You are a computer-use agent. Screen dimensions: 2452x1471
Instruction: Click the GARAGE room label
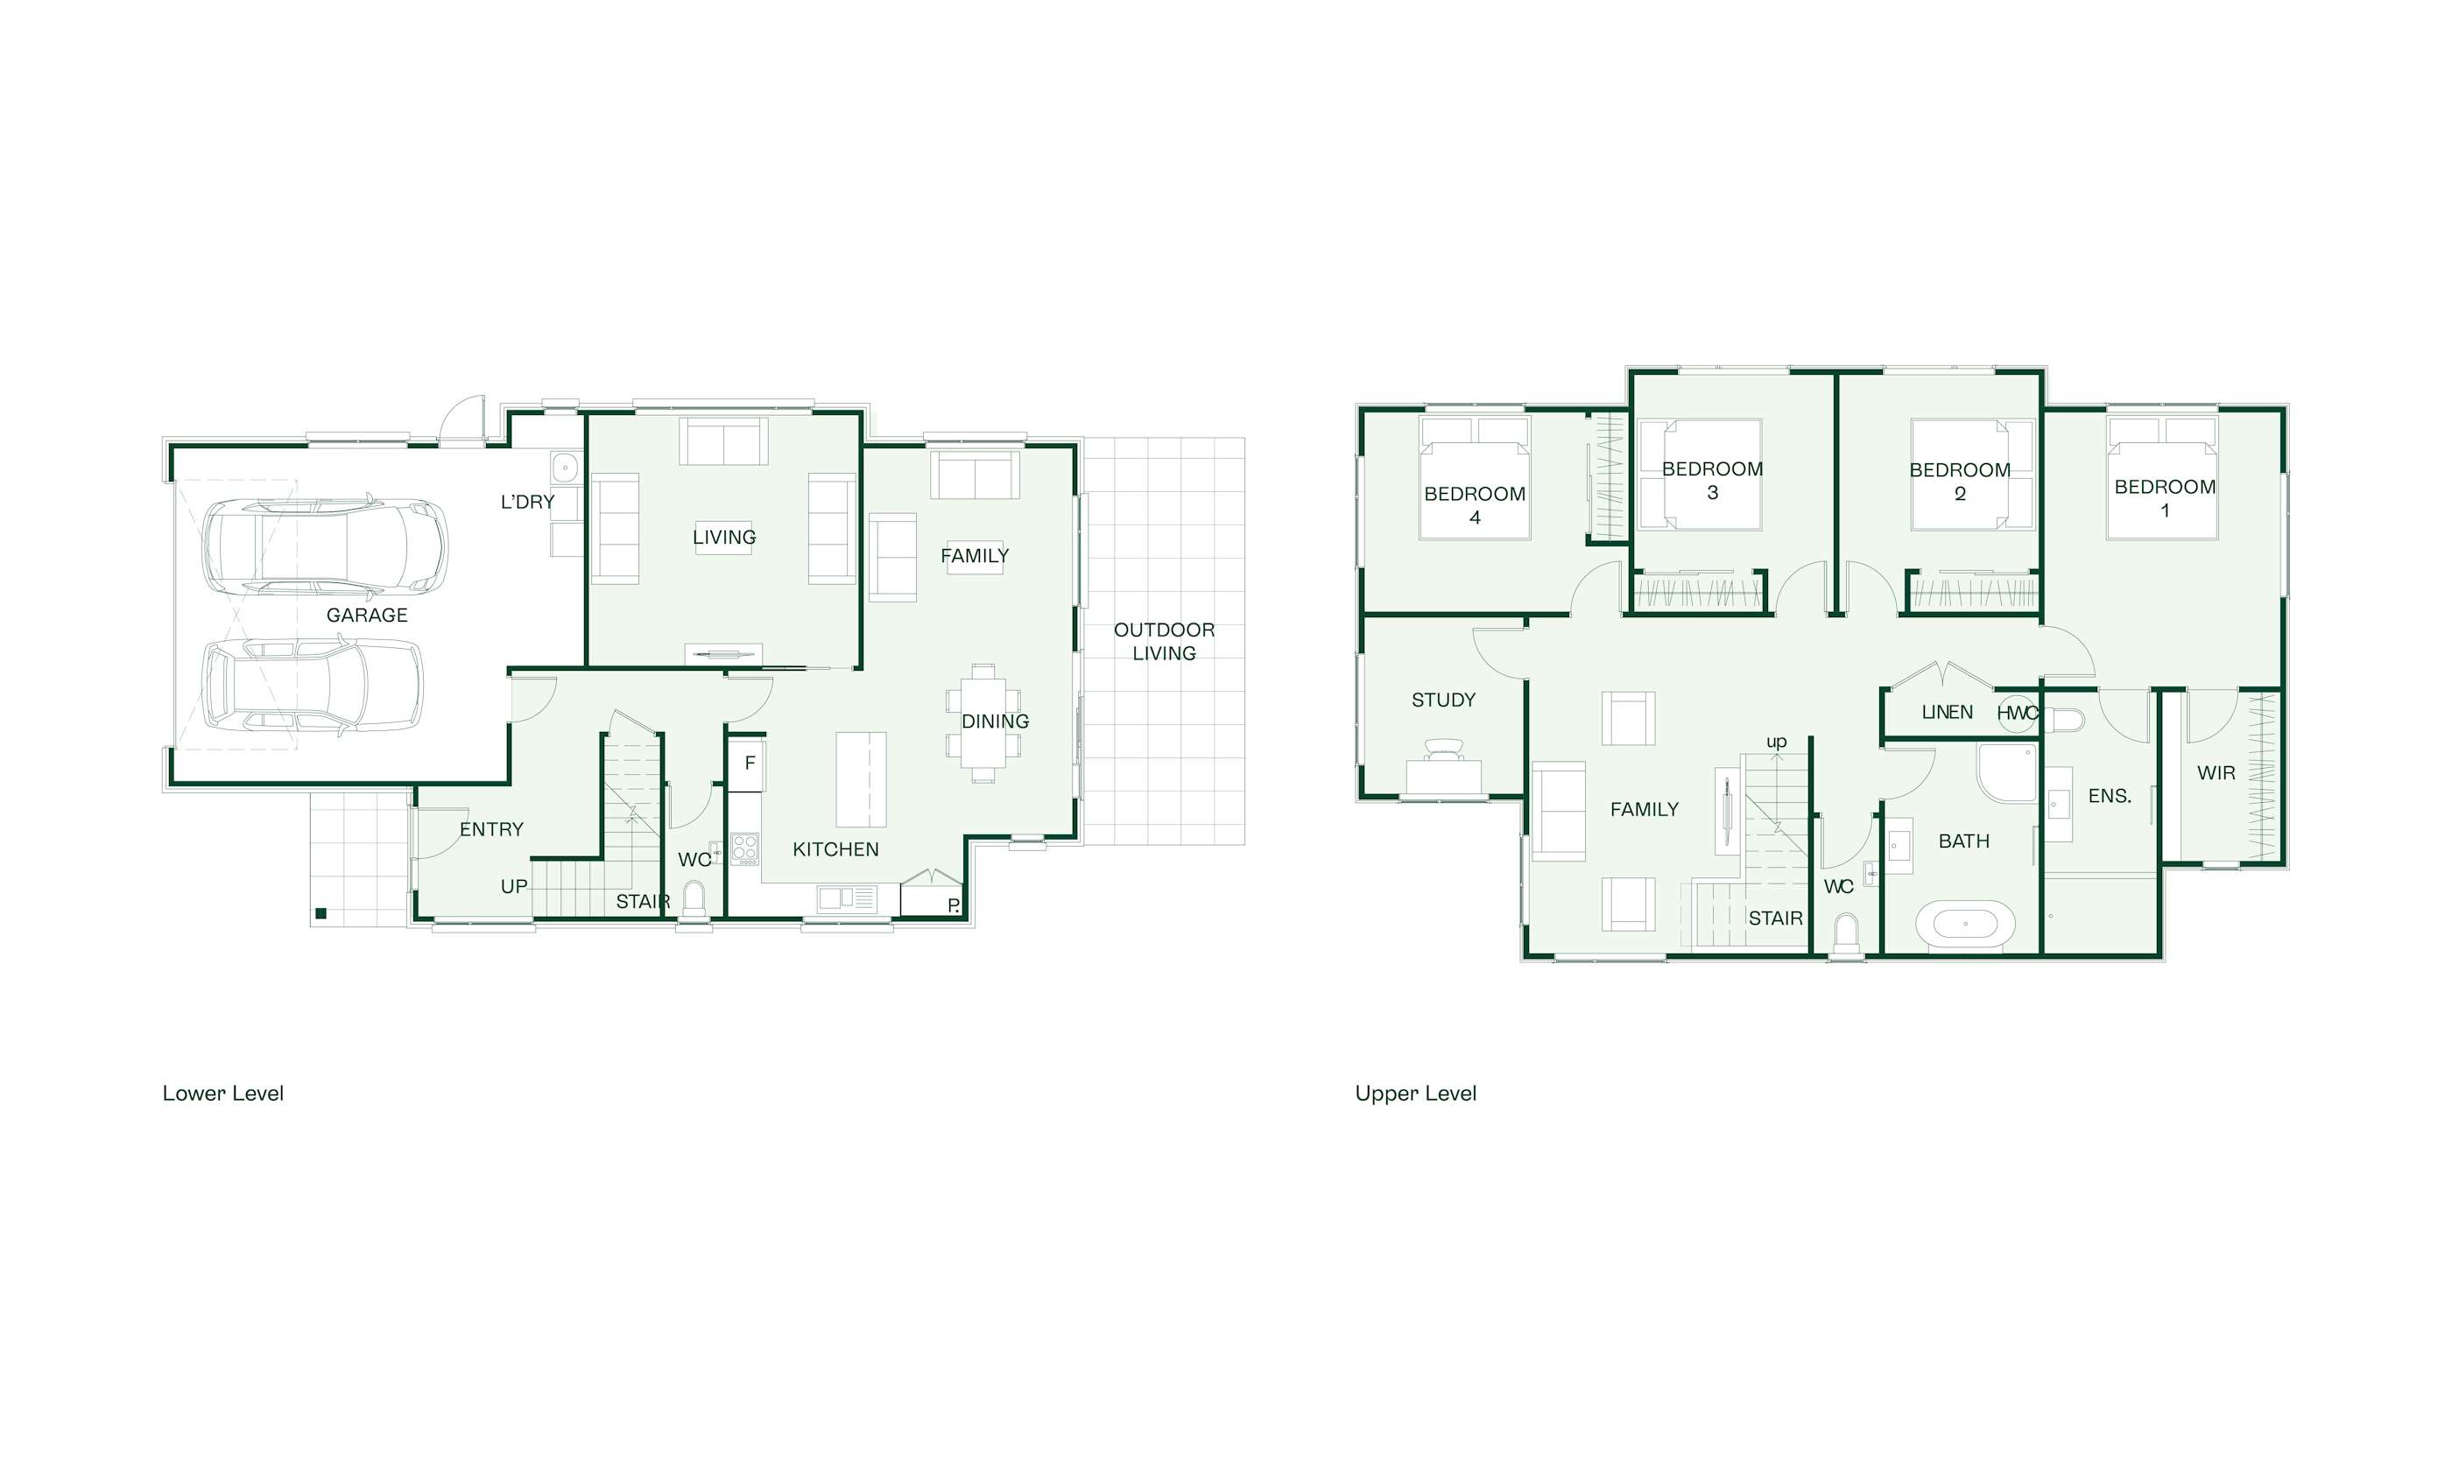(x=367, y=616)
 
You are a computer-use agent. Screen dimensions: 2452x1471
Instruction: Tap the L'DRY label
(x=527, y=503)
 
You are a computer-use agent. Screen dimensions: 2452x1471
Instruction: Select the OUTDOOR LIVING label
(x=1164, y=641)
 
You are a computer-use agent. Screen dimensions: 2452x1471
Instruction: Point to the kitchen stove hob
(x=744, y=848)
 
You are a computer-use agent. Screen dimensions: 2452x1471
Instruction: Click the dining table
(x=983, y=722)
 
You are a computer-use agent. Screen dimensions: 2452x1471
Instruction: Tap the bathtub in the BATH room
(x=1965, y=926)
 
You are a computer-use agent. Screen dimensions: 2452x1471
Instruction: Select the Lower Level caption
(x=223, y=1094)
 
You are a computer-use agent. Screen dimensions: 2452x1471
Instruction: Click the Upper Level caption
(x=1415, y=1094)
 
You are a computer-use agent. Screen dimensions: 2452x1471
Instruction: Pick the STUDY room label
(x=1443, y=700)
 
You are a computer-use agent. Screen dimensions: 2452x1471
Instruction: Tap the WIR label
(x=2216, y=773)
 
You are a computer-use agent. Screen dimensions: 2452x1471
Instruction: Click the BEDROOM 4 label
(x=1475, y=505)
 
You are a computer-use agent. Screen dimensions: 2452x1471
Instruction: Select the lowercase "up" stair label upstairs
(x=1776, y=742)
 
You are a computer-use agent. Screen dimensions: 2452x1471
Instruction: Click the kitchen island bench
(x=860, y=779)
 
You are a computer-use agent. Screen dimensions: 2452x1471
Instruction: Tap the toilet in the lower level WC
(x=694, y=899)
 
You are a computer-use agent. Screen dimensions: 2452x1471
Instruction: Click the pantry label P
(x=953, y=905)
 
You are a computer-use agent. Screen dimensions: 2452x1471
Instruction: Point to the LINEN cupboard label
(x=1947, y=713)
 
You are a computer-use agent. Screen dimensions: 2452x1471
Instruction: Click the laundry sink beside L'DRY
(x=564, y=466)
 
